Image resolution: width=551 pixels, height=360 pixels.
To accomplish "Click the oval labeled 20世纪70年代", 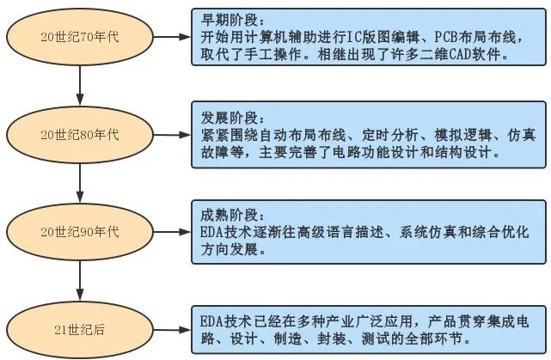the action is coord(80,37).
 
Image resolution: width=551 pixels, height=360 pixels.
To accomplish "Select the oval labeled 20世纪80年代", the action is coord(80,135).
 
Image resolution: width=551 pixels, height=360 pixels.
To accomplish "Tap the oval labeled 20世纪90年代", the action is coord(80,232).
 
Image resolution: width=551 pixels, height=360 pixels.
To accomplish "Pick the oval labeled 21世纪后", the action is coord(80,330).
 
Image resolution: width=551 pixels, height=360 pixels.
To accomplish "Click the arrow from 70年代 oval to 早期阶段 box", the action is coord(172,37).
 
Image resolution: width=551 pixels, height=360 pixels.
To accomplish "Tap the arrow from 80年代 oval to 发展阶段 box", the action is coord(172,135).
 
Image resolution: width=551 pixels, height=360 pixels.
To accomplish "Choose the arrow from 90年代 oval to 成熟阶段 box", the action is coord(172,232).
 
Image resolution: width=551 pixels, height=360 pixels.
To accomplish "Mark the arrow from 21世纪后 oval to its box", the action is coord(172,330).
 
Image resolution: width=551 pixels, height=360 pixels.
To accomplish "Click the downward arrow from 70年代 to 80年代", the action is coord(80,86).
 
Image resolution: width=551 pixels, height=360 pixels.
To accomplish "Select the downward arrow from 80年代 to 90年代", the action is coord(80,183).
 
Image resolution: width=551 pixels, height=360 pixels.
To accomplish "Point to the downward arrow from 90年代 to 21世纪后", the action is coord(80,281).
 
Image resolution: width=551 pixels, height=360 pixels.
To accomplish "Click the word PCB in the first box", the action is coord(446,37).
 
